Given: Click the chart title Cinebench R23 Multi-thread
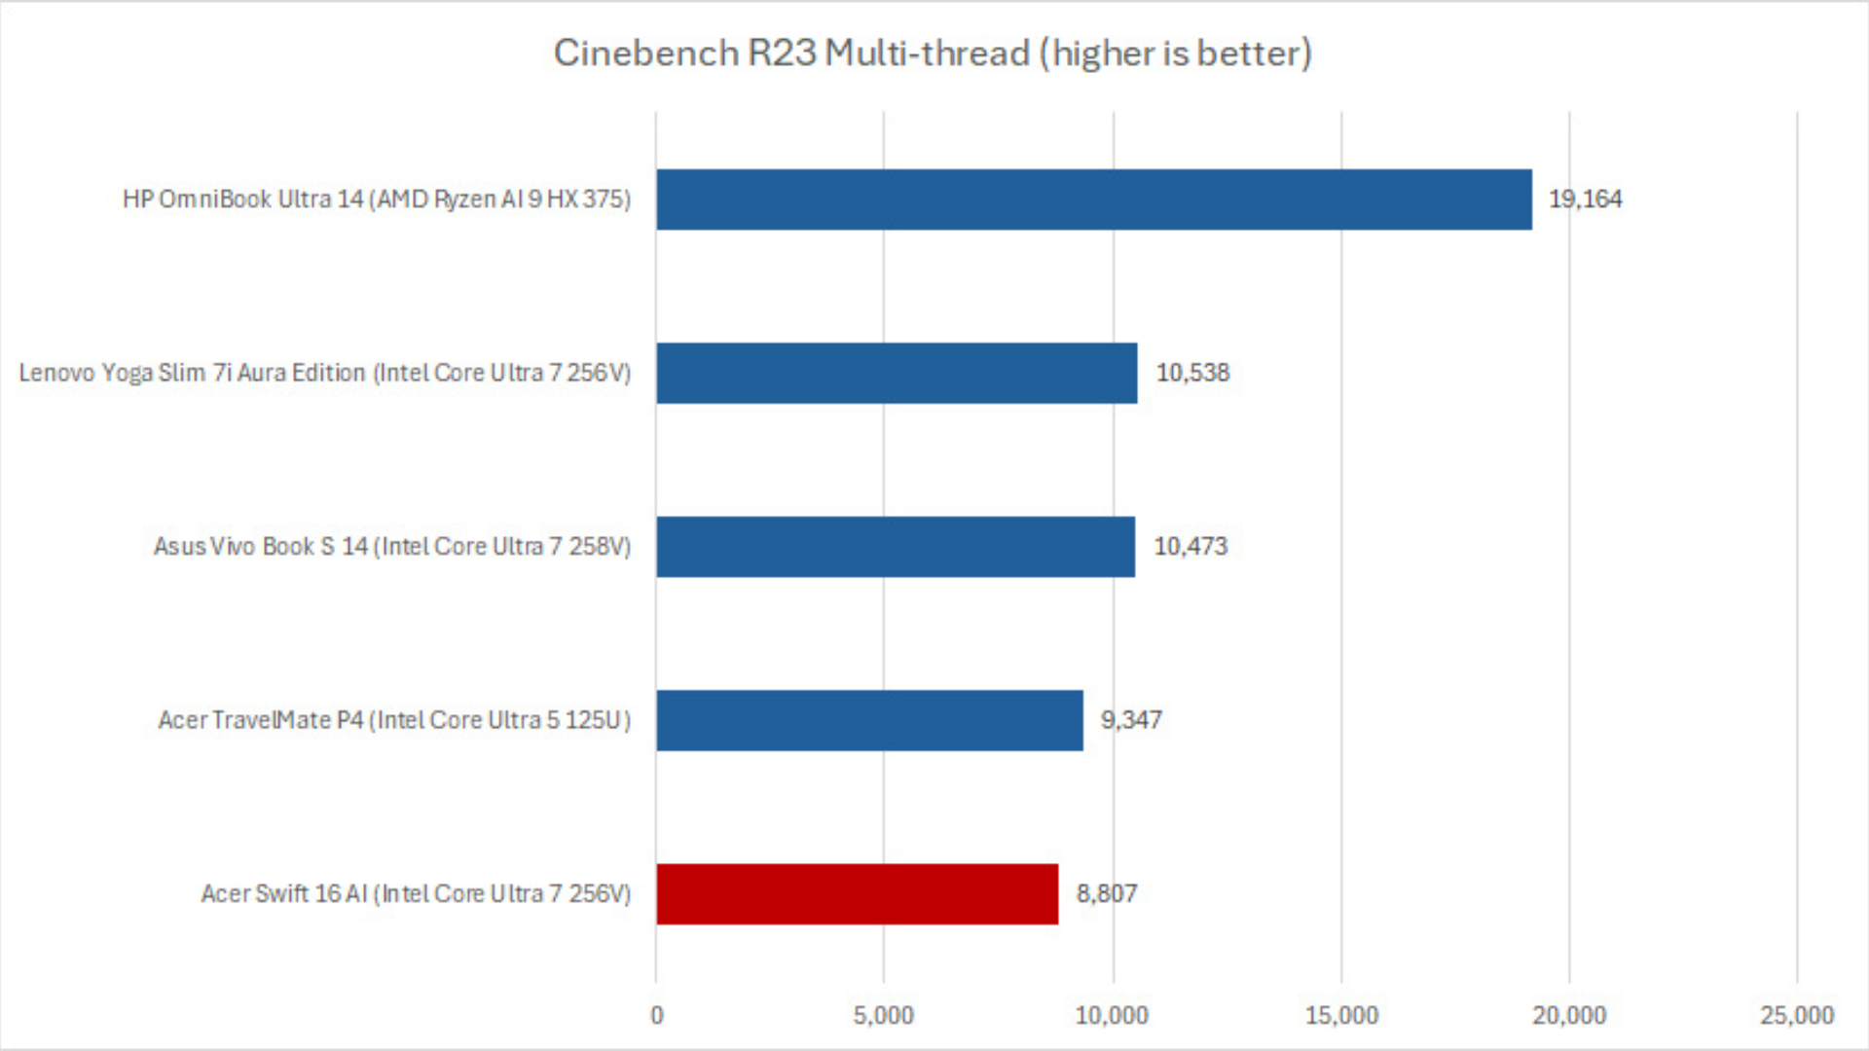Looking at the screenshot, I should click(x=933, y=53).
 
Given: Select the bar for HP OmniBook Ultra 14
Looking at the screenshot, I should click(x=1093, y=199).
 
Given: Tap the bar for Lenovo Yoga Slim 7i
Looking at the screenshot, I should click(x=897, y=373).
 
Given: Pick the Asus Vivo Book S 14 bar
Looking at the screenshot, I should click(x=896, y=547).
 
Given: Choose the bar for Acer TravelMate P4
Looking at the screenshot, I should click(x=869, y=720).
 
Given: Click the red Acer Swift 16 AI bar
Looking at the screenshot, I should click(x=857, y=893).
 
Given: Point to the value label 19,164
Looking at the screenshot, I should click(x=1585, y=199).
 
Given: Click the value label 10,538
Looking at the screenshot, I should click(x=1192, y=373).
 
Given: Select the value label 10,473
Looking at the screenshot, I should click(x=1191, y=547).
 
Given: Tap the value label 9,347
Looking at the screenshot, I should click(x=1131, y=720).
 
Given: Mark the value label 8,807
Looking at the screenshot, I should click(x=1106, y=893).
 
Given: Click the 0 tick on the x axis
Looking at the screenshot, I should click(x=657, y=1016).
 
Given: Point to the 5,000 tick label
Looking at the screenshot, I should click(x=884, y=1016).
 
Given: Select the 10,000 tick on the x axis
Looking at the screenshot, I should click(x=1112, y=1016).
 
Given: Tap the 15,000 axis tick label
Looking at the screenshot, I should click(x=1341, y=1016).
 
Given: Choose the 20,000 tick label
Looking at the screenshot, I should click(x=1569, y=1016).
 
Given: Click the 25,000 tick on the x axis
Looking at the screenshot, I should click(x=1797, y=1016).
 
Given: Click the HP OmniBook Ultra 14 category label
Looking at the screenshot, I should click(x=377, y=199).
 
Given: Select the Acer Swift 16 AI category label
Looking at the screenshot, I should click(x=416, y=893).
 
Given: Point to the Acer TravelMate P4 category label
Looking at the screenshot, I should click(x=394, y=720).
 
